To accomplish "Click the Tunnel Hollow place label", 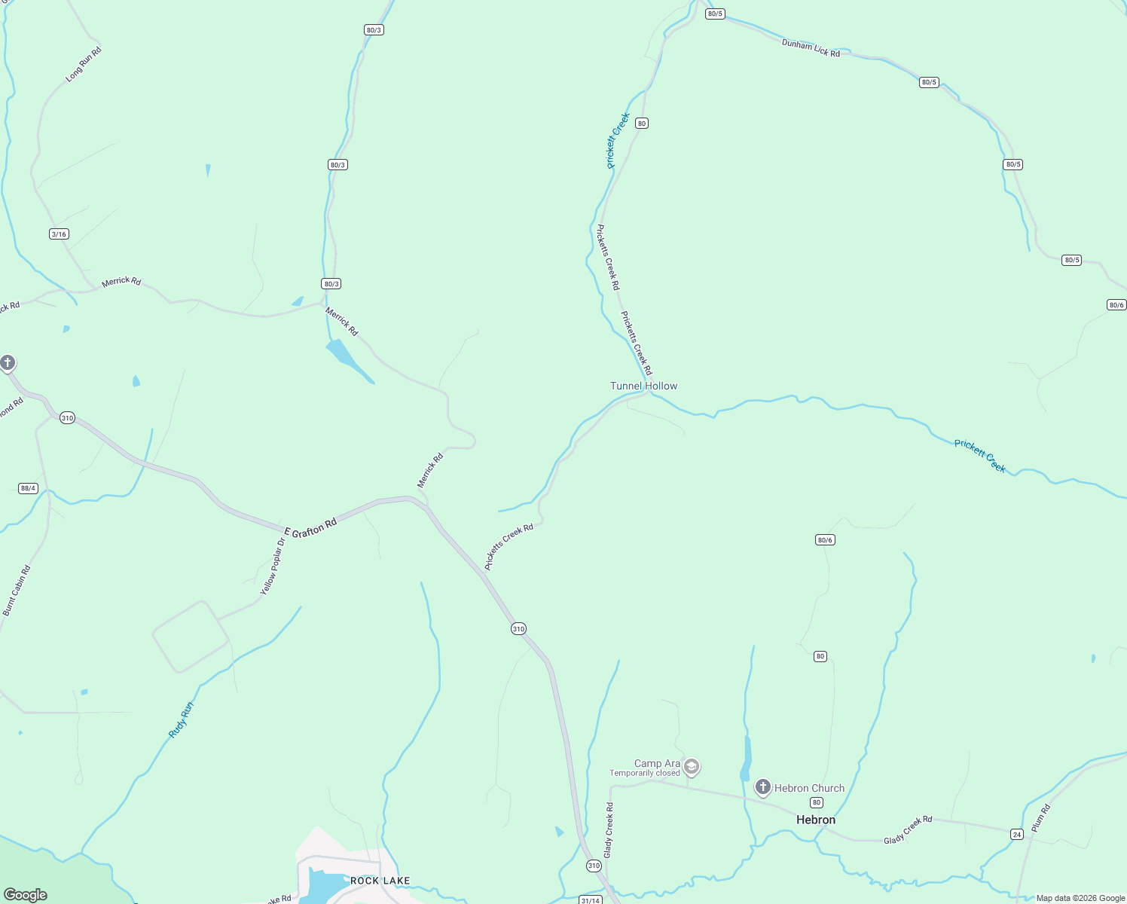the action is (x=643, y=386).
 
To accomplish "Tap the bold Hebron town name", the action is (x=815, y=820).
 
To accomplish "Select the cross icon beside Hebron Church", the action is (x=762, y=788).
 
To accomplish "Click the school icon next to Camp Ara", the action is (x=692, y=767).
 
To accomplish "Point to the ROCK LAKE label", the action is (x=380, y=881).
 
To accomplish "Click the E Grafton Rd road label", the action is (x=310, y=528).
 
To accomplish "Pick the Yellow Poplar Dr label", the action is (x=273, y=567).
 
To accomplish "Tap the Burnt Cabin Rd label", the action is (x=17, y=591).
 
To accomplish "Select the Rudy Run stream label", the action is (x=181, y=719).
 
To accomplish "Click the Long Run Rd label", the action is (x=83, y=64).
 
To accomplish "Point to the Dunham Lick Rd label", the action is (x=811, y=48).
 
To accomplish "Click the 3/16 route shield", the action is (x=59, y=234).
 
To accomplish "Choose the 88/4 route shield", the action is (x=29, y=488).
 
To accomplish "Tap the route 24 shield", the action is (x=1017, y=834).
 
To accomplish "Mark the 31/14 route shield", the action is (x=591, y=900).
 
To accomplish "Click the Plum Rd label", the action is (x=1040, y=818).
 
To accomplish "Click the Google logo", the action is (x=26, y=895).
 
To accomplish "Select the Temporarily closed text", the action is (x=644, y=773).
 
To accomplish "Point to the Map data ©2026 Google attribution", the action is (x=1080, y=898).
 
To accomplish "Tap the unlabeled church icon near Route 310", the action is (x=8, y=364).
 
